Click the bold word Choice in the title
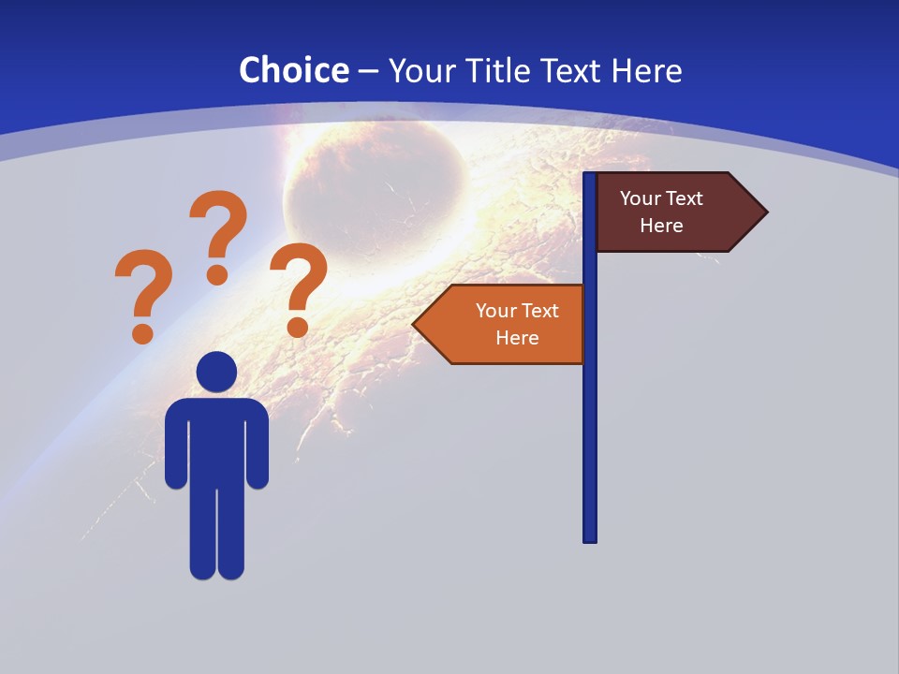point(293,70)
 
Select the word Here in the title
point(647,70)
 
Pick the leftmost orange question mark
point(143,293)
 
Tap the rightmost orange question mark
point(299,286)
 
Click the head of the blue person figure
point(216,372)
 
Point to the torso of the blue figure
point(216,440)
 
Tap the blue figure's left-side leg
point(202,534)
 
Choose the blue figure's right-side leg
point(231,534)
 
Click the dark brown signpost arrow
point(670,212)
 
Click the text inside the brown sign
point(661,212)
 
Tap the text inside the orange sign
point(517,324)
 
